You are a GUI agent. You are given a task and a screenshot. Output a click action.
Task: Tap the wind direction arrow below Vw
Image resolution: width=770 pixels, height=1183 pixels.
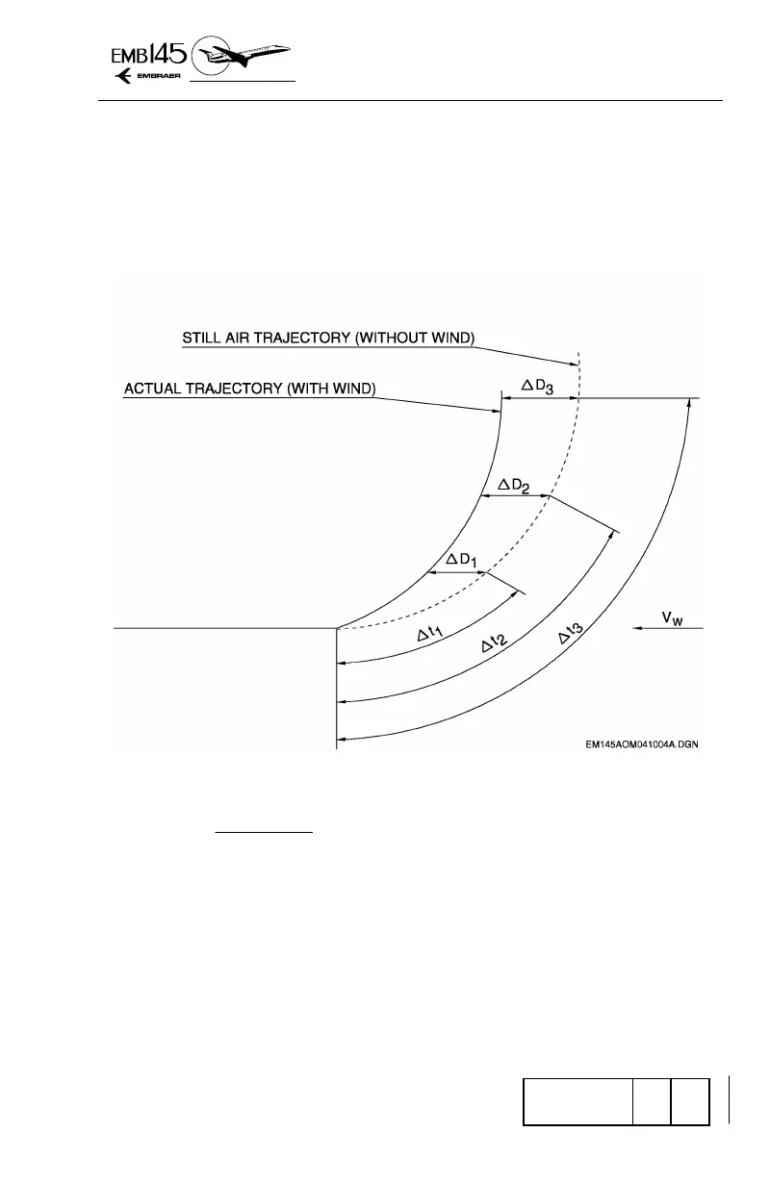click(x=668, y=628)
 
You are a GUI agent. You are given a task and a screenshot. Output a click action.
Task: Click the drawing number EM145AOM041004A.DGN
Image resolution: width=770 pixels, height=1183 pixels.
click(x=640, y=743)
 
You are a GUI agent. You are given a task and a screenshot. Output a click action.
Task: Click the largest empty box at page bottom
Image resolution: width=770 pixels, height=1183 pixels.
click(x=577, y=1102)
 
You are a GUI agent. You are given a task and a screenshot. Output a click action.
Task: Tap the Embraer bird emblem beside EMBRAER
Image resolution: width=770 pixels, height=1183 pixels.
click(x=124, y=78)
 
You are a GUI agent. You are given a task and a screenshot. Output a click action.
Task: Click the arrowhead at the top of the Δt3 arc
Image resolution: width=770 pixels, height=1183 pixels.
click(x=688, y=404)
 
